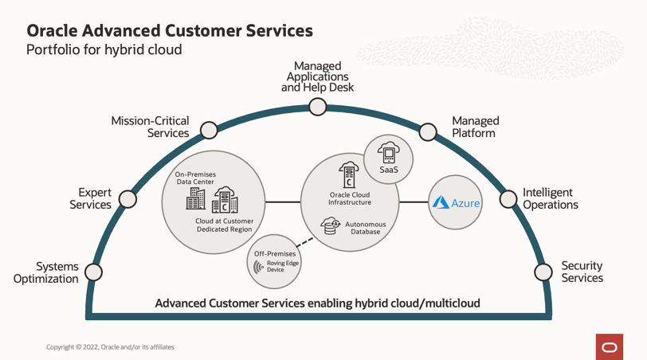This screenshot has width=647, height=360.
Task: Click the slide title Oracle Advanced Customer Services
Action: (x=169, y=31)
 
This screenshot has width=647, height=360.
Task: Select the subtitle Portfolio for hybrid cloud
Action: (x=104, y=50)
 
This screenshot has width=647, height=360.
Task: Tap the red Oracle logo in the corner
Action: (x=609, y=346)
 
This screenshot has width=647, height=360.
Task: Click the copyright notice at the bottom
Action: (x=110, y=347)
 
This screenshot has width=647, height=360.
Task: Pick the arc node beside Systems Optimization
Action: (x=93, y=272)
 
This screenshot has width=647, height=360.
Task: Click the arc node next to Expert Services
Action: (x=127, y=198)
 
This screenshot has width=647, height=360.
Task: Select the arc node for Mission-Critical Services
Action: (x=209, y=130)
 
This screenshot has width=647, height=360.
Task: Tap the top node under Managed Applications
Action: (x=318, y=107)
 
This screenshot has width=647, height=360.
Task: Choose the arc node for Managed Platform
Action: (x=428, y=131)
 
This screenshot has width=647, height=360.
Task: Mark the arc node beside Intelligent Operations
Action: (x=508, y=198)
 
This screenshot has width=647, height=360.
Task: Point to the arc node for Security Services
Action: (x=543, y=272)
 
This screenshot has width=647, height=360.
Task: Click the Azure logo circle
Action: (x=456, y=202)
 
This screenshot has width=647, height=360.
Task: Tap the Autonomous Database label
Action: (x=365, y=229)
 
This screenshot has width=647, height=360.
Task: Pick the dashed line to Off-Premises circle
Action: (x=304, y=240)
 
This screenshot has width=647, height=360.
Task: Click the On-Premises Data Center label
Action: (x=195, y=178)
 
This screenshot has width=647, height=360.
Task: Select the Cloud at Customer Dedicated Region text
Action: (x=225, y=225)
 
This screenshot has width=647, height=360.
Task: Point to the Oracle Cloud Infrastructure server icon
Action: (x=348, y=175)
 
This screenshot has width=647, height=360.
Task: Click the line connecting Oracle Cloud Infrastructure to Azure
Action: (x=414, y=202)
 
